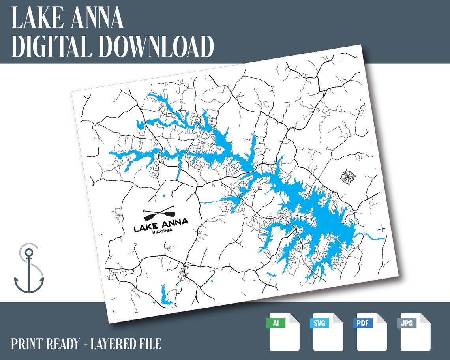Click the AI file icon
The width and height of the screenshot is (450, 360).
[x=284, y=332]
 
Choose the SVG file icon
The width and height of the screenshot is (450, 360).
[x=328, y=332]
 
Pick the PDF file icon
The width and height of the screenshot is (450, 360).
[x=371, y=332]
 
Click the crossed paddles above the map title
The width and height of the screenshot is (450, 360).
[x=159, y=214]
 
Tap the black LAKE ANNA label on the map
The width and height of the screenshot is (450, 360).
[x=161, y=224]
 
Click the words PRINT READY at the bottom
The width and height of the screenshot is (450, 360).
[x=45, y=344]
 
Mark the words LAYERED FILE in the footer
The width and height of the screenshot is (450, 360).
[x=126, y=344]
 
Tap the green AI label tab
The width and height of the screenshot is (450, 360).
[x=276, y=323]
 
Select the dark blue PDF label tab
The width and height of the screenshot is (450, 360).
[x=363, y=323]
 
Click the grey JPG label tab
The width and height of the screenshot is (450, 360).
[x=407, y=323]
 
